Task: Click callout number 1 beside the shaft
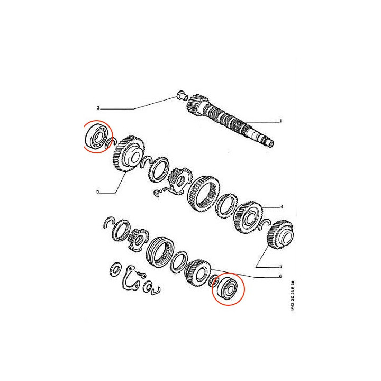pos(280,121)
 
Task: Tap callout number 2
pos(98,108)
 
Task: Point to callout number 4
pos(282,206)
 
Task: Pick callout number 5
pos(282,266)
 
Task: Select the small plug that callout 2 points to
pos(180,97)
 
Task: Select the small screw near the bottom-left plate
pos(141,275)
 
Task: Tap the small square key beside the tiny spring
pos(157,194)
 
